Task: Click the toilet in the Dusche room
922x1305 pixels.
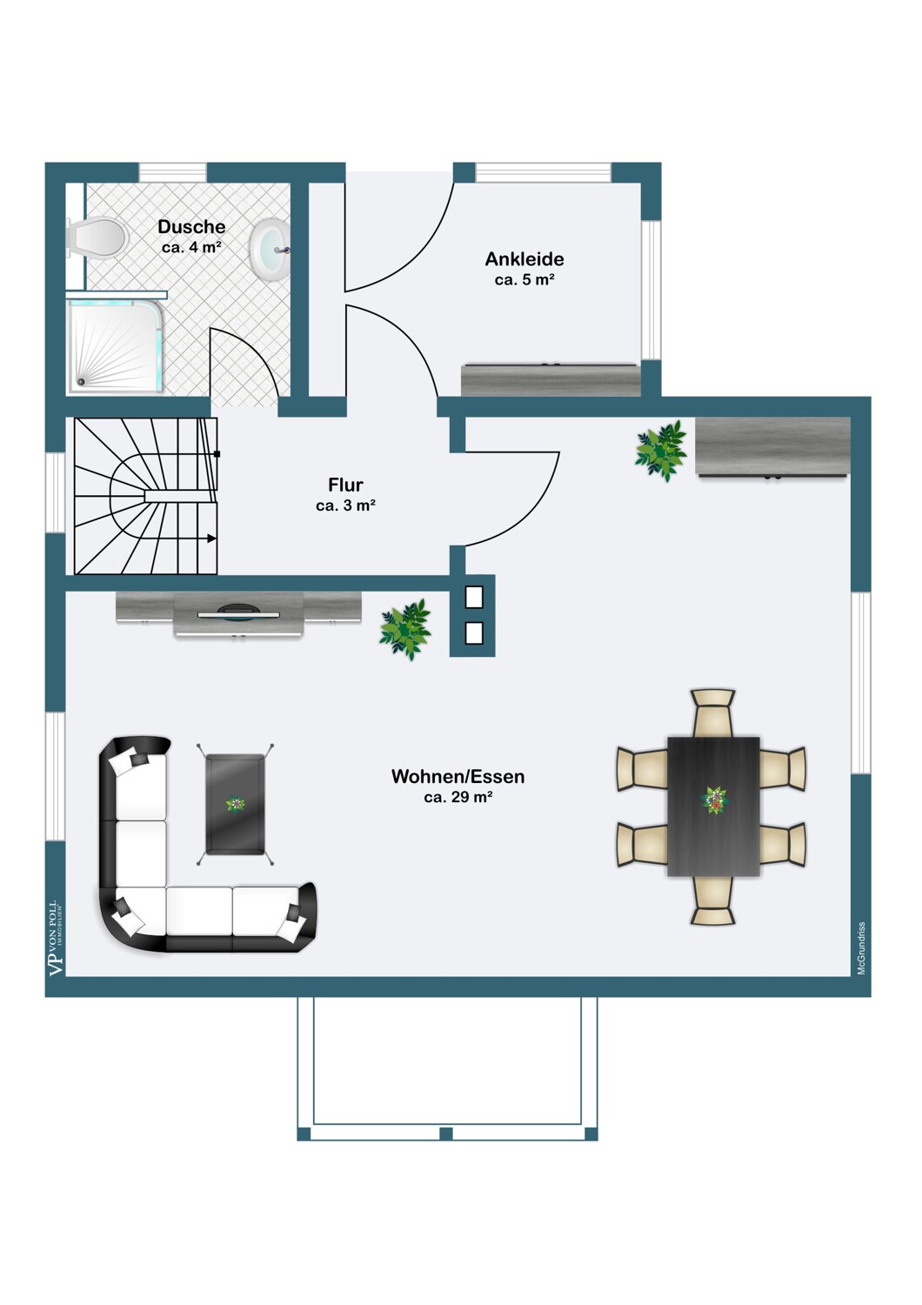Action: tap(97, 238)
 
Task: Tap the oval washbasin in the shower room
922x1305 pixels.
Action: tap(271, 251)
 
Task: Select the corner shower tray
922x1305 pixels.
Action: tap(116, 346)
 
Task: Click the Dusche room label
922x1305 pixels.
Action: tap(191, 226)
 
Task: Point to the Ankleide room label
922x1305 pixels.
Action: tap(524, 259)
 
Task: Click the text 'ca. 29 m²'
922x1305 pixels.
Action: tap(458, 798)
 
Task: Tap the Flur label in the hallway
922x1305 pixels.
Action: tap(345, 485)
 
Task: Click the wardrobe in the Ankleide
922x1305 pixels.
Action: tap(551, 380)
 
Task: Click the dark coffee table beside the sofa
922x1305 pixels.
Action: tap(236, 804)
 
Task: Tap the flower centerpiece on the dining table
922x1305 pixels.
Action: tap(714, 800)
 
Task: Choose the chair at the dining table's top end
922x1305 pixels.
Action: tap(713, 713)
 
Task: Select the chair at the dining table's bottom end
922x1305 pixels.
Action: tap(713, 900)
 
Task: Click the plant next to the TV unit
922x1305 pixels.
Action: tap(405, 629)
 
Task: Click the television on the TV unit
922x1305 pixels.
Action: tap(238, 612)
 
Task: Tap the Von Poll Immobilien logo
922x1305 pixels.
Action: tap(56, 938)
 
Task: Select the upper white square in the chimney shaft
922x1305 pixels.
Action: tap(474, 597)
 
